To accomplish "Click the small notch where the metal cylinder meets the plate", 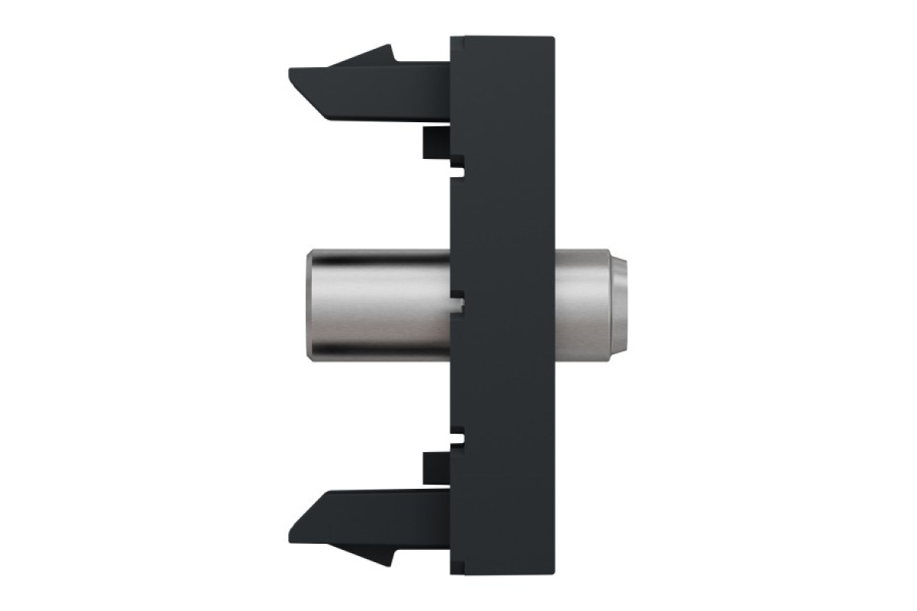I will tap(457, 305).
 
